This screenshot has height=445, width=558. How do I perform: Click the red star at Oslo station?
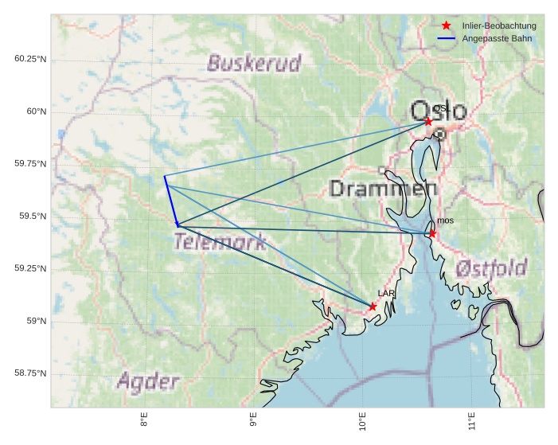click(x=428, y=121)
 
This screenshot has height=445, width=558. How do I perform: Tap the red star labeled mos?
click(x=432, y=233)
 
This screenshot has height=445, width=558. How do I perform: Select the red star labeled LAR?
click(x=373, y=306)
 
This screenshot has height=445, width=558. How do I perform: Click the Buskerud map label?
click(x=255, y=63)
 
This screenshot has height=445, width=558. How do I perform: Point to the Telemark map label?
click(x=220, y=242)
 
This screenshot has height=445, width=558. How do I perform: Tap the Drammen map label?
click(x=384, y=189)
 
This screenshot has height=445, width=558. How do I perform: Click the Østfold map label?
click(x=492, y=269)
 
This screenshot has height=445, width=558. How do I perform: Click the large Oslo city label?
click(x=439, y=110)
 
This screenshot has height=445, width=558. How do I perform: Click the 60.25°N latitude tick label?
click(x=30, y=59)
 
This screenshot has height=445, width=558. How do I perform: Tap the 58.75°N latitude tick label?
click(x=30, y=373)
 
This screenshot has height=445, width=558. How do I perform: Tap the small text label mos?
click(x=445, y=221)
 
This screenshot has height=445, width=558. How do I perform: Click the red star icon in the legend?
click(x=447, y=26)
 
